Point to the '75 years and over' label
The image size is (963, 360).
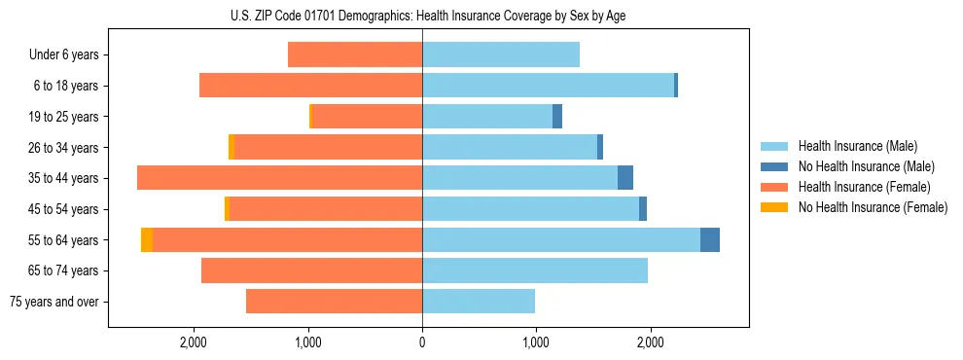point(54,302)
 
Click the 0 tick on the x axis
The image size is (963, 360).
point(422,342)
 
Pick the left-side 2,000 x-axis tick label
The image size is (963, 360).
point(194,342)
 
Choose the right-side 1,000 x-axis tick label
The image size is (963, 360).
point(536,342)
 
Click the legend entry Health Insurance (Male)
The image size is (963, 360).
point(858,146)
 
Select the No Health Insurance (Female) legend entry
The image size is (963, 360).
point(873,207)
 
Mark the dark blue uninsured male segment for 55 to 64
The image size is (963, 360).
point(710,239)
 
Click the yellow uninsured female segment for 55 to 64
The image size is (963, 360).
point(147,239)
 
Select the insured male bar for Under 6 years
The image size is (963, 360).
point(501,55)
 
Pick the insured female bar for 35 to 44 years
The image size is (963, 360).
point(280,178)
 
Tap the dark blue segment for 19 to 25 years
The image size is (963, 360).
point(557,117)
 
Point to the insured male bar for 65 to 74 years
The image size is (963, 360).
point(535,270)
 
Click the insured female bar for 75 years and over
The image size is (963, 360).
point(335,302)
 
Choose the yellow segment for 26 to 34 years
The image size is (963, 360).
point(232,147)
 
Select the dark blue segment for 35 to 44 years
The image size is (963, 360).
point(625,178)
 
